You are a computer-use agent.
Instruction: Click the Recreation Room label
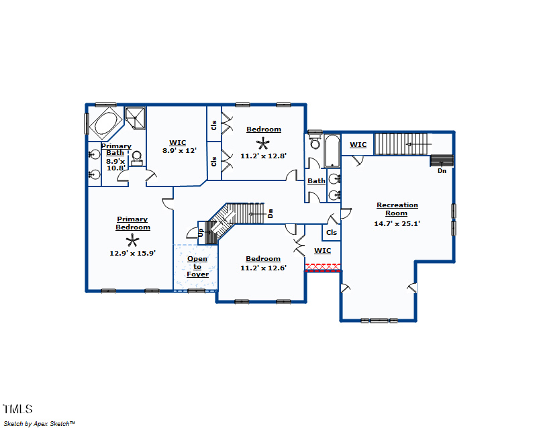click(397, 209)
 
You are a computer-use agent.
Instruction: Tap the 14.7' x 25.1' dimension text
click(397, 224)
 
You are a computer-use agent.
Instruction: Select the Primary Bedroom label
click(132, 223)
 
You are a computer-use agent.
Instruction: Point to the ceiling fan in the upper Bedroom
click(264, 142)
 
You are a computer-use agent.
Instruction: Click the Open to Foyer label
click(197, 266)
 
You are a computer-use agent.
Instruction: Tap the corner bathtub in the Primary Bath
click(105, 124)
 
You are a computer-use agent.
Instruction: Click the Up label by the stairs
click(200, 231)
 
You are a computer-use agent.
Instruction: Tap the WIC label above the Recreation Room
click(358, 144)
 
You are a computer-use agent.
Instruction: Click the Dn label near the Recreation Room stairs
click(442, 170)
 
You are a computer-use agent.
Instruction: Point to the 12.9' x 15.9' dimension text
click(133, 253)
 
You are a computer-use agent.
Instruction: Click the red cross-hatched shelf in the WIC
click(324, 266)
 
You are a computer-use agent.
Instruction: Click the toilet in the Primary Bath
click(137, 158)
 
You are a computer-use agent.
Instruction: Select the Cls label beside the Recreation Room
click(331, 233)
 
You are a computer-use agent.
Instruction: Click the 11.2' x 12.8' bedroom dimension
click(264, 156)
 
